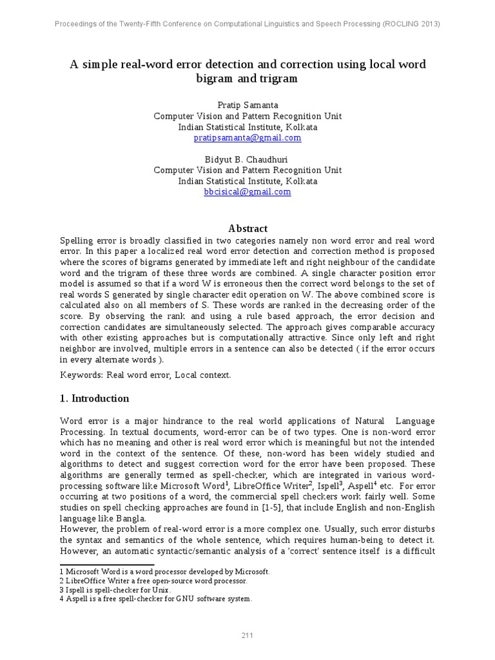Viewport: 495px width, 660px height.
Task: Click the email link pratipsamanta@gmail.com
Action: tap(247, 138)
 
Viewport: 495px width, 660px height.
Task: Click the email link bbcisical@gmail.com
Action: tap(247, 192)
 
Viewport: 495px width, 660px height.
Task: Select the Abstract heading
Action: tap(248, 229)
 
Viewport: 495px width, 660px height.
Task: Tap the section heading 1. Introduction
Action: tap(94, 398)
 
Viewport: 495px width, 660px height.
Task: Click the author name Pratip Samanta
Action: tap(247, 105)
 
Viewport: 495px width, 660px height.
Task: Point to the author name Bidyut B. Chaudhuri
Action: tap(247, 159)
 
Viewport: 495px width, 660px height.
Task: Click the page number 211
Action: tap(247, 636)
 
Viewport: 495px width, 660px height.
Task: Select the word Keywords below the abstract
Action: tap(81, 374)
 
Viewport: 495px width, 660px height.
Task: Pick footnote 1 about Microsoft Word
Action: tap(165, 572)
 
